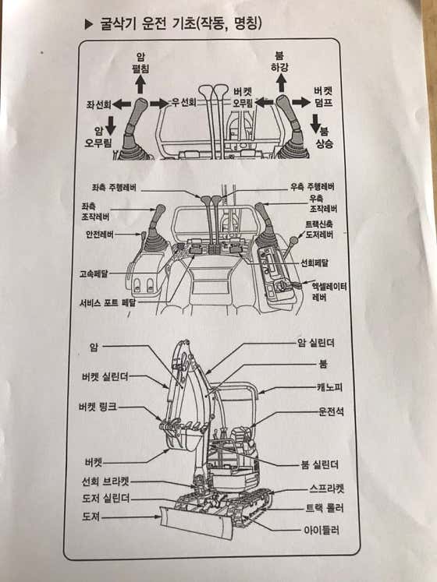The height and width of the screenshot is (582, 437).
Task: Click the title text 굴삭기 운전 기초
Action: tap(147, 24)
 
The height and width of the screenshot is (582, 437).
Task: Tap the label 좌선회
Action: tap(99, 104)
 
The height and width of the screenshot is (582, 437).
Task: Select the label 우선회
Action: tap(183, 102)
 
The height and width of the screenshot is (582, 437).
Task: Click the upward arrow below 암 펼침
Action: tap(140, 83)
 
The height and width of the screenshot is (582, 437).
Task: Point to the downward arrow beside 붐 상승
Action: tap(316, 124)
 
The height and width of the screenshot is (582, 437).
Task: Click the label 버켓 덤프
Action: tap(323, 97)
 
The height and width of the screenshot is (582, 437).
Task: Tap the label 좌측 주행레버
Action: tap(114, 188)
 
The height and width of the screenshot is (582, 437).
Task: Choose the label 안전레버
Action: tap(100, 235)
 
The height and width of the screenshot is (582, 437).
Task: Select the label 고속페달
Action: tap(94, 274)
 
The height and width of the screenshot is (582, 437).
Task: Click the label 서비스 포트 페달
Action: tap(108, 302)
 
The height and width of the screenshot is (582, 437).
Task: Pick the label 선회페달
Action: tap(314, 263)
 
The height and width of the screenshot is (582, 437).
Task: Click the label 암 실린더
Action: tap(316, 343)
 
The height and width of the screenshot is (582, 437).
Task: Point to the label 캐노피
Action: tap(329, 387)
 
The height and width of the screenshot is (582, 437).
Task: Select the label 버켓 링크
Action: tap(98, 407)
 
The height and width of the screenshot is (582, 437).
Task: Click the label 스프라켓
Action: tap(326, 488)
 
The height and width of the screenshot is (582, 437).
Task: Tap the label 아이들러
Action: tap(322, 530)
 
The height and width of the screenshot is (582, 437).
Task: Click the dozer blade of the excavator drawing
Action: tap(196, 522)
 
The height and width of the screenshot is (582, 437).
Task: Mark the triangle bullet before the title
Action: tap(88, 24)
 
